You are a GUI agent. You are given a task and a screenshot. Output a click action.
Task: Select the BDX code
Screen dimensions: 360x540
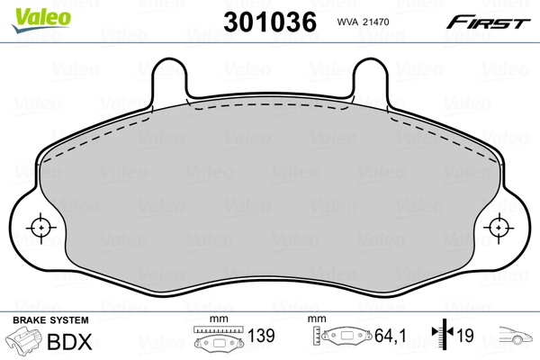click(62, 343)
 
